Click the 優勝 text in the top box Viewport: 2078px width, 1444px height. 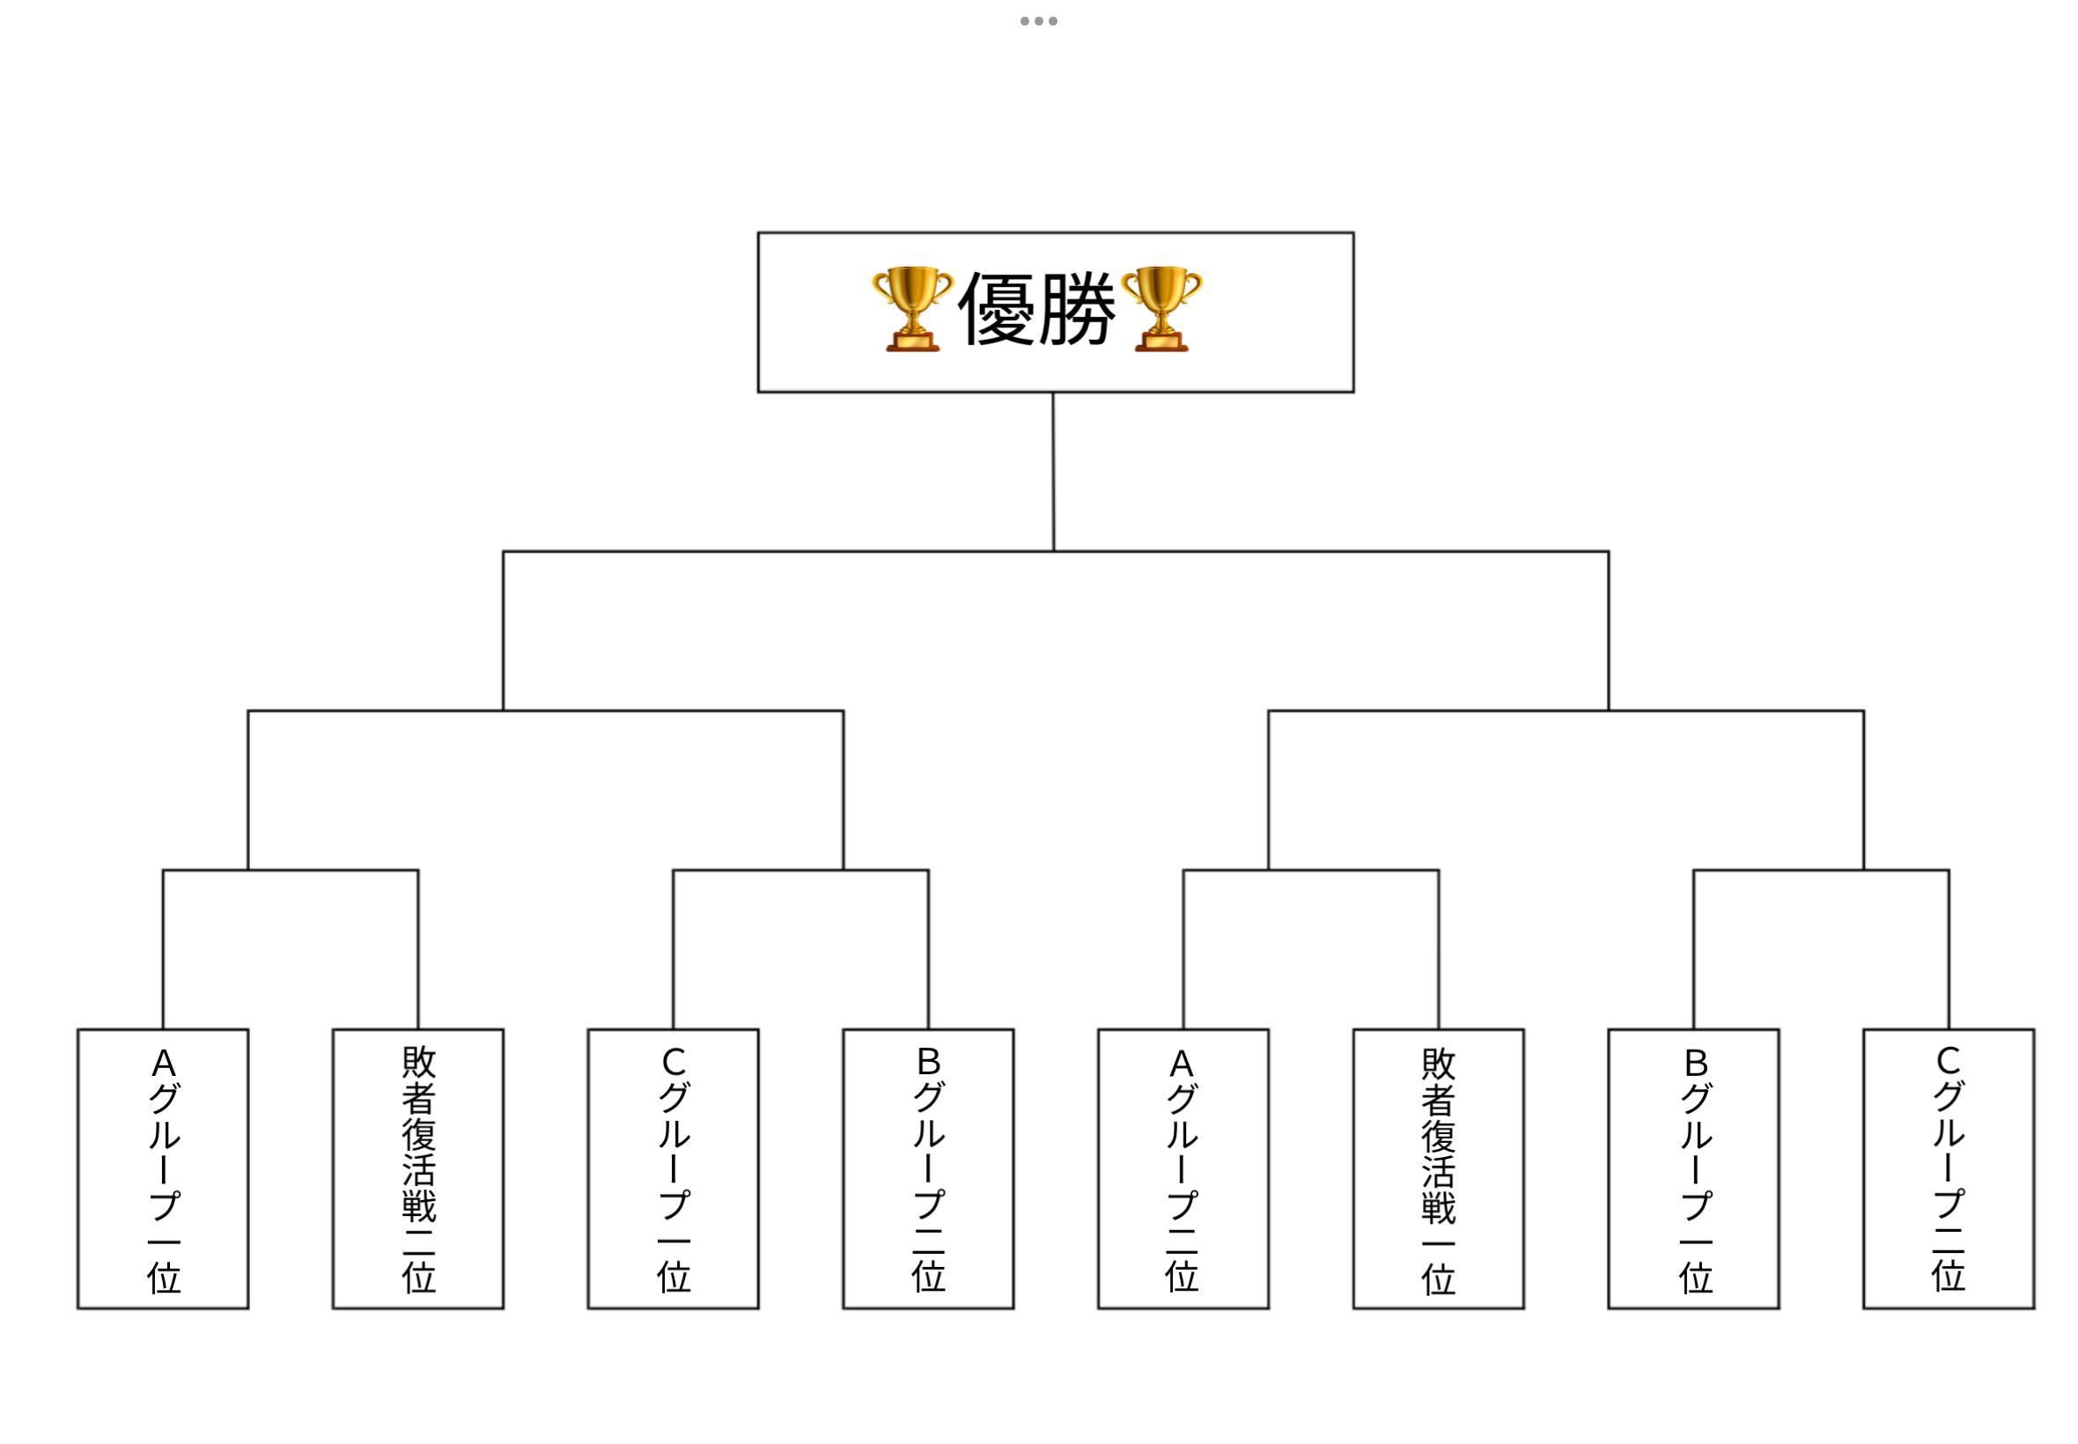[x=1035, y=310]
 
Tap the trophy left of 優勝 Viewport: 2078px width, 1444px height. [x=912, y=308]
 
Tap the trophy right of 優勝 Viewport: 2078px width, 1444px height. [x=1161, y=308]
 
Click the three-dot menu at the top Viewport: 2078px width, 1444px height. [x=1038, y=21]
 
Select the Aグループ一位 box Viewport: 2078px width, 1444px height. [x=163, y=1168]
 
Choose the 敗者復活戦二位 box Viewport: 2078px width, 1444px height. [x=418, y=1168]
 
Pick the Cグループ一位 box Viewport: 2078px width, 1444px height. [x=673, y=1168]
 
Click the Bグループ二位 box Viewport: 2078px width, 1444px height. [x=928, y=1168]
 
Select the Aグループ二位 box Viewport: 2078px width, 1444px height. [x=1183, y=1168]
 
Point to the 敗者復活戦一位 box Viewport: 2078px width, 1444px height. [x=1439, y=1168]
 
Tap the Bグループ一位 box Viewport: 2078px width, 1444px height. [x=1693, y=1168]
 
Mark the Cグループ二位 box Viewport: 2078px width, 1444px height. [x=1949, y=1168]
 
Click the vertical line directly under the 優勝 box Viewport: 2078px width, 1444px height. [x=1053, y=470]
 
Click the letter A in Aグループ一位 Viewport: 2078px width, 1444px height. [x=164, y=1063]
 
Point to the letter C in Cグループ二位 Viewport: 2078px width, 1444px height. [x=1948, y=1060]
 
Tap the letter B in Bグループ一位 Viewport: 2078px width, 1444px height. [x=1696, y=1062]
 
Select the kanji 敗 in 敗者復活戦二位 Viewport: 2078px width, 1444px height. [x=419, y=1062]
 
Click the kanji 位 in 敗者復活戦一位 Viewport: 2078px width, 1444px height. [x=1439, y=1279]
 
